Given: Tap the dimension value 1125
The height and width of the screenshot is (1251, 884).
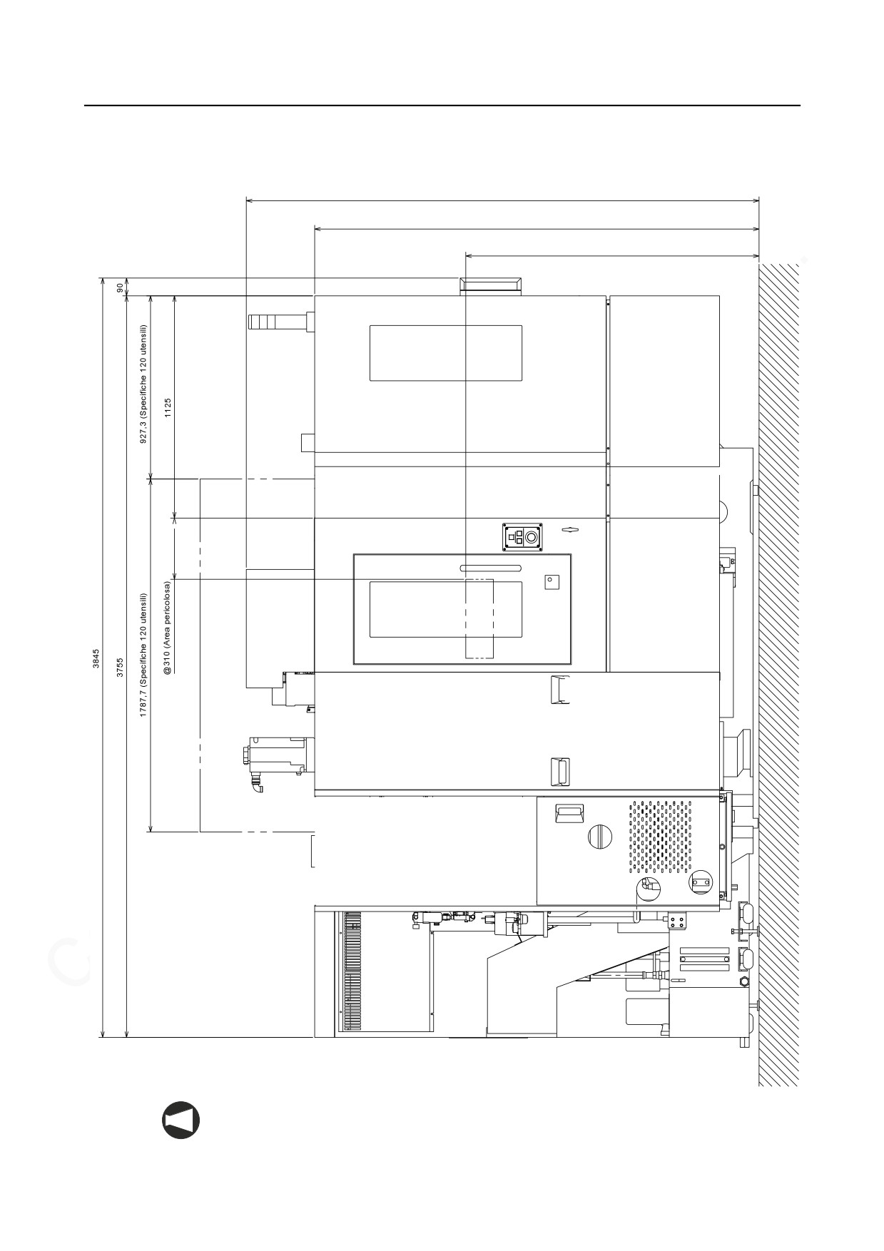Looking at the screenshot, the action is coord(168,407).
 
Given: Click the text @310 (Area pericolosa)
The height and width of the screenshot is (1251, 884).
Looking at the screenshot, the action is coord(168,628).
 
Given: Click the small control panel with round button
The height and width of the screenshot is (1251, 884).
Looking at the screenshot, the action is coord(523,537).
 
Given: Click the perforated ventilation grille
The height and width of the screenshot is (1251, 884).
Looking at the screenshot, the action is coord(660,837).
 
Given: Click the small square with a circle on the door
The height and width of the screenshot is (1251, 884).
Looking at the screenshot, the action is coord(552,581).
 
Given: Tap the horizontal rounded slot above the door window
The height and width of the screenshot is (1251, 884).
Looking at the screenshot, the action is coord(490,568).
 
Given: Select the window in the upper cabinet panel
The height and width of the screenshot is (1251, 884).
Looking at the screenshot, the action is coord(445,353).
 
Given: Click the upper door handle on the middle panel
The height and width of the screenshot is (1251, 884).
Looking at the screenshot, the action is coord(559,688).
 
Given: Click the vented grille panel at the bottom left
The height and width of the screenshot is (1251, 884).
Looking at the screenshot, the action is coord(352,971).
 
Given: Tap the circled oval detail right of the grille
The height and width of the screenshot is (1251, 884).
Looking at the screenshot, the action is coord(700,883).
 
